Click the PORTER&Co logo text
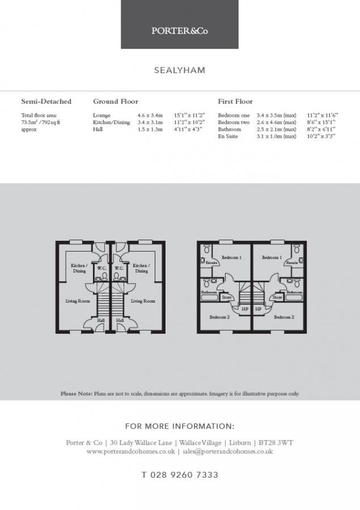pyautogui.click(x=179, y=31)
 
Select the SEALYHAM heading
pyautogui.click(x=180, y=70)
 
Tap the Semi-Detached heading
pyautogui.click(x=46, y=101)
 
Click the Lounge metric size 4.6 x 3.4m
pyautogui.click(x=150, y=116)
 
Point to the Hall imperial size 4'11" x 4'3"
pyautogui.click(x=188, y=129)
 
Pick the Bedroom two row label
pyautogui.click(x=234, y=122)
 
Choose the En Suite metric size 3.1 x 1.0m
pyautogui.click(x=276, y=136)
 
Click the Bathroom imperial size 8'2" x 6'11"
pyautogui.click(x=321, y=129)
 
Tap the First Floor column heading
pyautogui.click(x=235, y=101)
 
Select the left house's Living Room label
pyautogui.click(x=78, y=301)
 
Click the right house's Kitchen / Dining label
pyautogui.click(x=141, y=268)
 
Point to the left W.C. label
pyautogui.click(x=102, y=269)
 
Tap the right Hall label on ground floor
pyautogui.click(x=120, y=320)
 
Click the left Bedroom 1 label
pyautogui.click(x=231, y=258)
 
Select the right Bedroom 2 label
pyautogui.click(x=284, y=317)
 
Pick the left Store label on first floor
pyautogui.click(x=227, y=297)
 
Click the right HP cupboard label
pyautogui.click(x=258, y=309)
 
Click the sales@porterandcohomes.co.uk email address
pyautogui.click(x=228, y=452)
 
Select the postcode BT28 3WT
pyautogui.click(x=276, y=443)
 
